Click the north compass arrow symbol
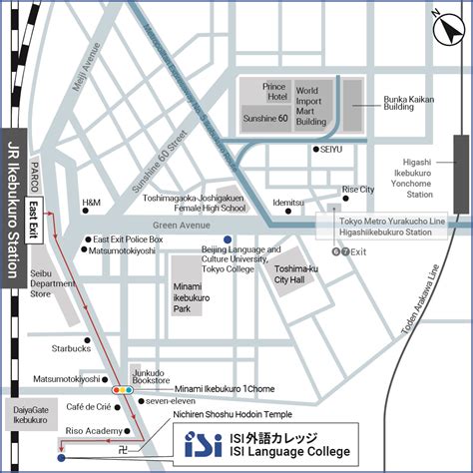(x=441, y=28)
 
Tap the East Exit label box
(x=33, y=216)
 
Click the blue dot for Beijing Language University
(x=228, y=239)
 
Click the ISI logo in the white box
(x=203, y=444)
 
